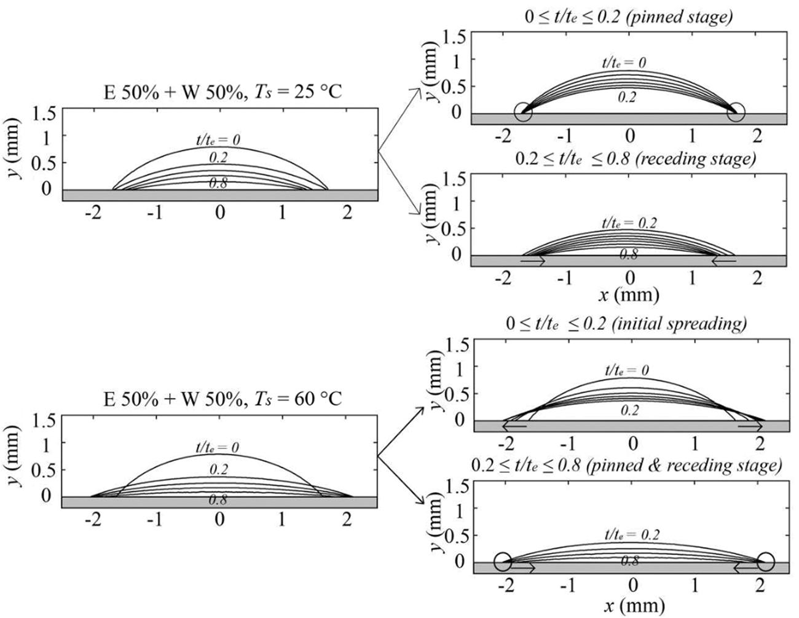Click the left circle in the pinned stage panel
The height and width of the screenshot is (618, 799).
pos(523,112)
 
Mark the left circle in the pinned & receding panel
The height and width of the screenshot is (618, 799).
pos(503,561)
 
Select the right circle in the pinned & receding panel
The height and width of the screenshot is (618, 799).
pos(765,561)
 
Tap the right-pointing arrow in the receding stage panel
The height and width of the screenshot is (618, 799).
pos(532,261)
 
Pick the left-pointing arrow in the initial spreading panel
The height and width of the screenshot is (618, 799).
pos(514,425)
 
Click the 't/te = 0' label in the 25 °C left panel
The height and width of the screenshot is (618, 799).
pos(218,140)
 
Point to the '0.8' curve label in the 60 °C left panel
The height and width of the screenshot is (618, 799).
pos(218,500)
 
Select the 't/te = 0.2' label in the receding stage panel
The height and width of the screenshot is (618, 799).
pos(629,222)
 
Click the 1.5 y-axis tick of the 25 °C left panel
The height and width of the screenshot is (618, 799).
pos(45,114)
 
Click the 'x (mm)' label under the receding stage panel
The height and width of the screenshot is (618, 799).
pos(629,295)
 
